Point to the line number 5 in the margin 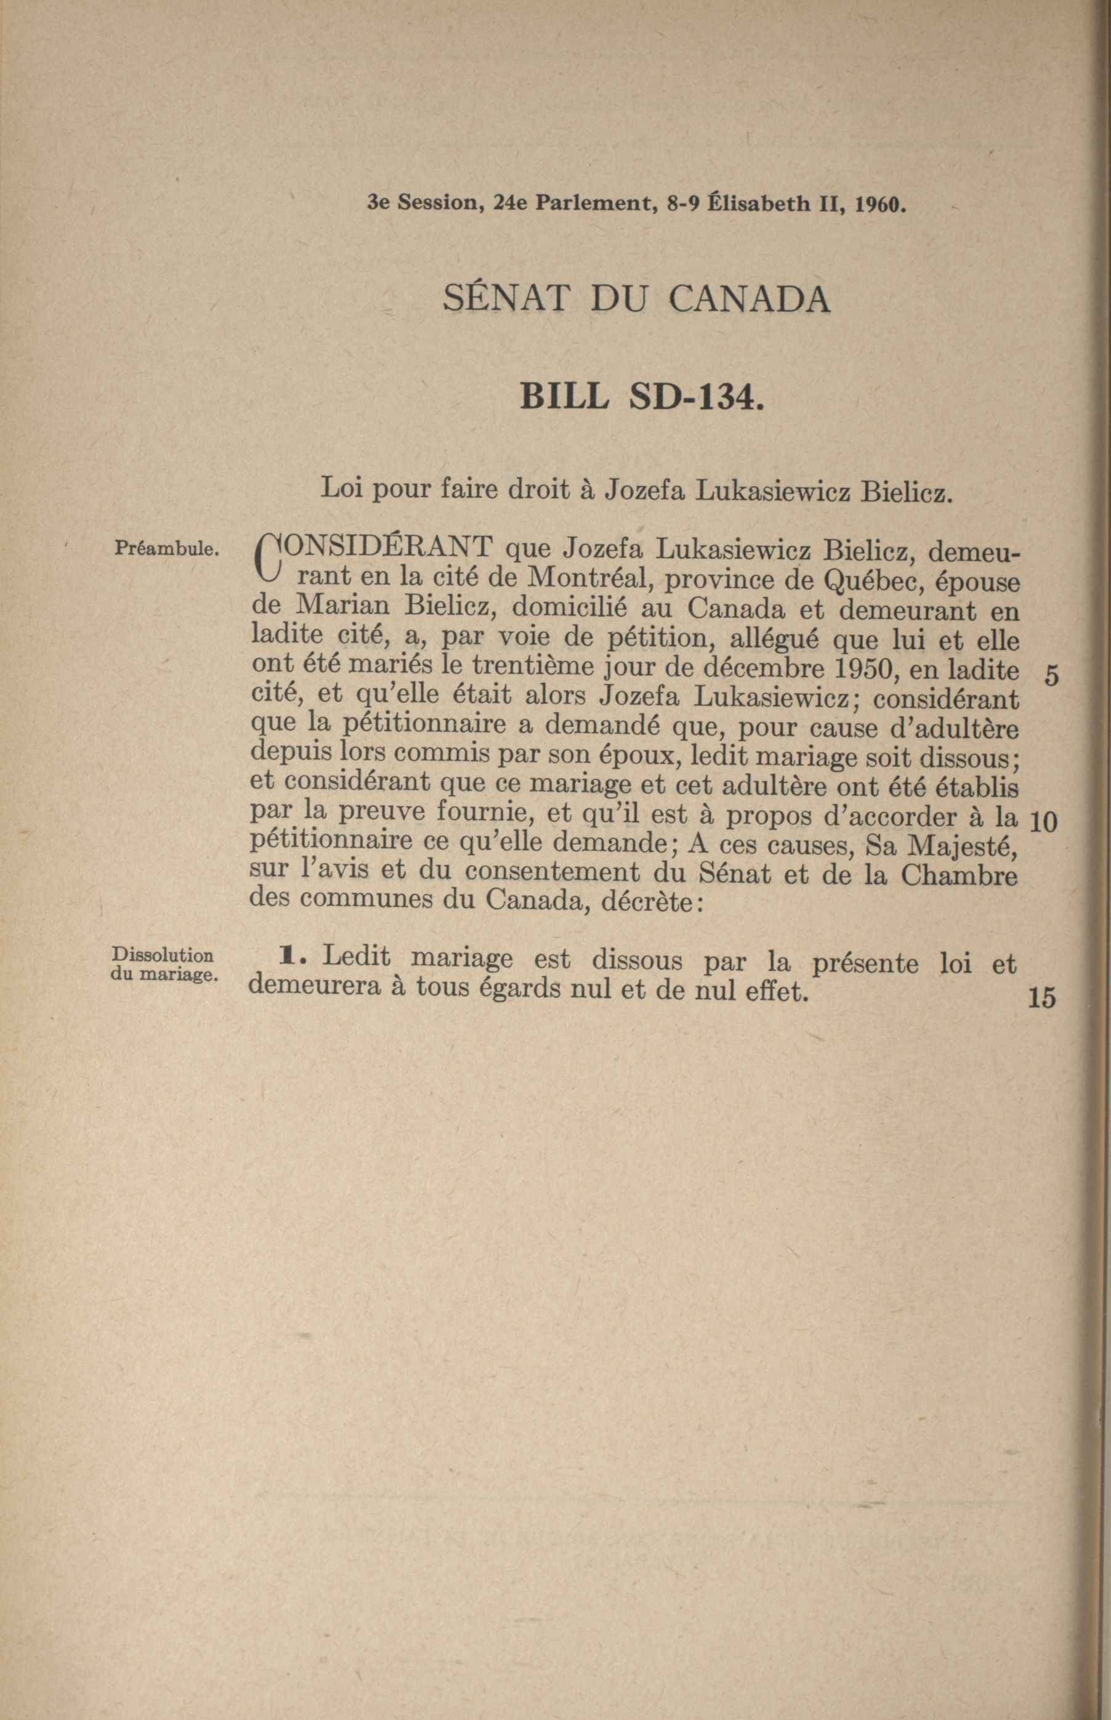pos(1051,676)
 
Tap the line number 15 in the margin pos(1043,998)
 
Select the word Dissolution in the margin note pos(163,956)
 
